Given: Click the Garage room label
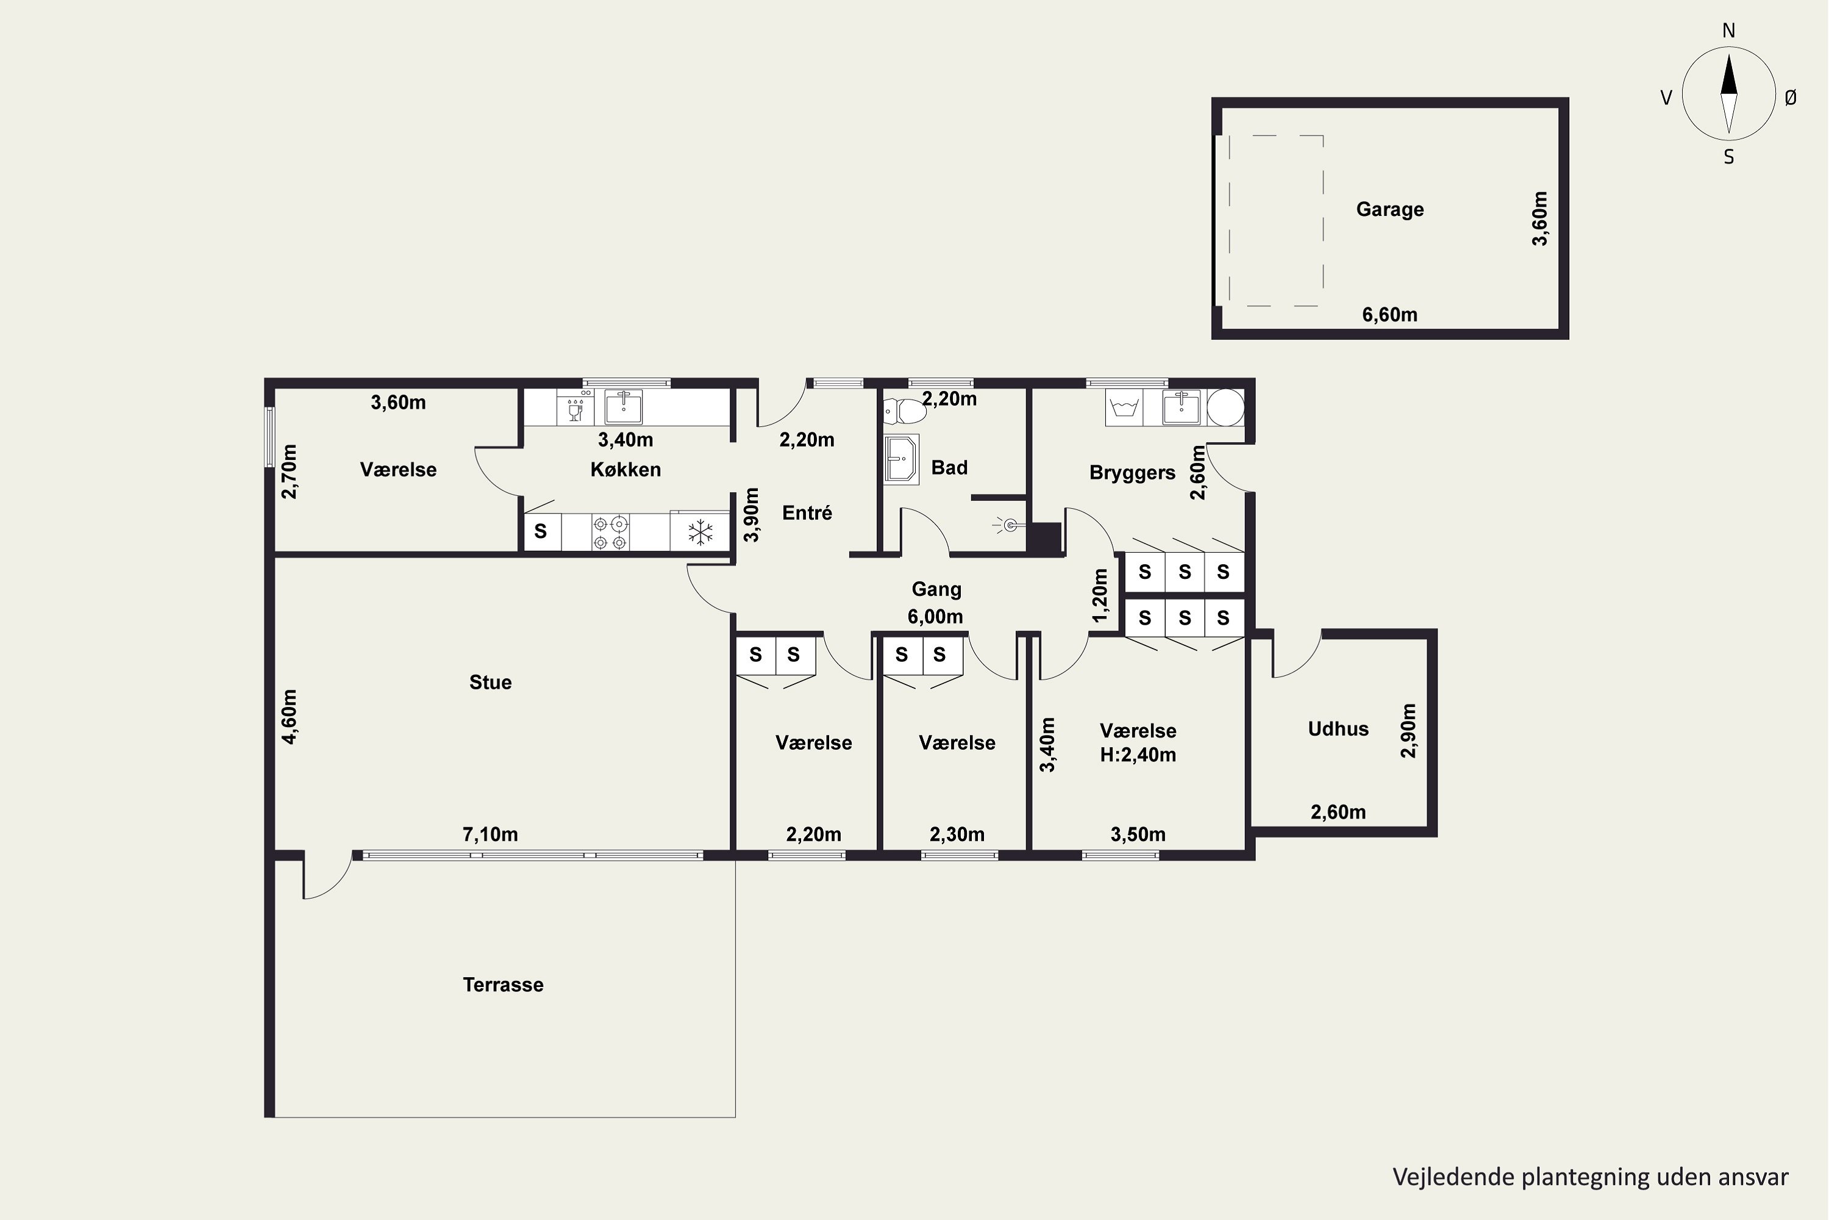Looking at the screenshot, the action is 1389,209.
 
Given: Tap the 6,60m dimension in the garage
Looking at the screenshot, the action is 1389,314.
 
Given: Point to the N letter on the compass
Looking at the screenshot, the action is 1728,30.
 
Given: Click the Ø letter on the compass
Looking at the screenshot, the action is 1790,97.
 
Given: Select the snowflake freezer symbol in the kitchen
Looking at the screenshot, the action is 700,532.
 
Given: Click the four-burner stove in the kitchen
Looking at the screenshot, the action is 610,532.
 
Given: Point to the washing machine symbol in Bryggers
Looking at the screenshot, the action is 1124,407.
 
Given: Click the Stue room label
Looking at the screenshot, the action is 491,683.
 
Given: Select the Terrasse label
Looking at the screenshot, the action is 503,985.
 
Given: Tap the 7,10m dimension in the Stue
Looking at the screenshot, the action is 490,834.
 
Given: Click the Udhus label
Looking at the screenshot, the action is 1338,728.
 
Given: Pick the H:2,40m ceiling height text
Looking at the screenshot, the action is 1138,755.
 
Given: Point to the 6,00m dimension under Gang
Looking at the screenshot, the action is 935,616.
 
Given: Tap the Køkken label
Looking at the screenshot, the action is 626,469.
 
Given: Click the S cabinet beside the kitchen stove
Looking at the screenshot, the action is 541,532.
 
